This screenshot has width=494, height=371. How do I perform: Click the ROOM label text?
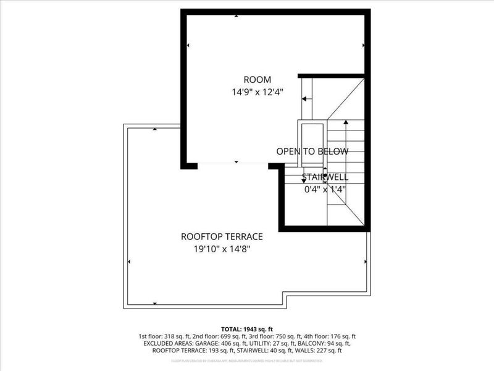click(x=257, y=79)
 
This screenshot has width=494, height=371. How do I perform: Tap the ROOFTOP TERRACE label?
click(x=222, y=236)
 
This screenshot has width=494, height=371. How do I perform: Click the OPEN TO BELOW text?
click(x=312, y=151)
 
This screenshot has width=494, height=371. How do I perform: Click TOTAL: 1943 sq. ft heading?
click(x=247, y=329)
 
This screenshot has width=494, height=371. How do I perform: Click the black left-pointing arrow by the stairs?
click(x=306, y=98)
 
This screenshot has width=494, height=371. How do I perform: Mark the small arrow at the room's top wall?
click(x=237, y=15)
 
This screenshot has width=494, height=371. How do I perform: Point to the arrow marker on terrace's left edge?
click(x=128, y=261)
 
